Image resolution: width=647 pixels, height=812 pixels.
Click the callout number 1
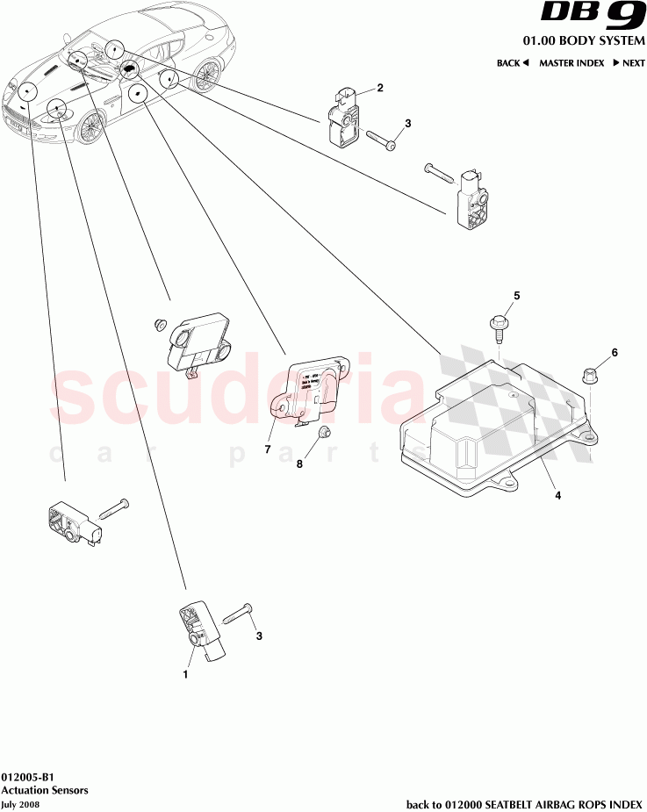pos(185,675)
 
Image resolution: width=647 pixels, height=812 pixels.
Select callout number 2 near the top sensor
pos(380,88)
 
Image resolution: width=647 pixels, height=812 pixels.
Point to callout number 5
pos(517,296)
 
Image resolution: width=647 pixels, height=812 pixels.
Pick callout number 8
pos(298,464)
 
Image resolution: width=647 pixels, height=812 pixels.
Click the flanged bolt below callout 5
pos(496,328)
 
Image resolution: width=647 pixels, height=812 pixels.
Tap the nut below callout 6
pos(589,377)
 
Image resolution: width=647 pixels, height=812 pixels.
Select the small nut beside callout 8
pos(324,431)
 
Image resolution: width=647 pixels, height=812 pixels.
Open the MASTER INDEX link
pos(572,63)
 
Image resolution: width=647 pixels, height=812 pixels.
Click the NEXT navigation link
pos(629,63)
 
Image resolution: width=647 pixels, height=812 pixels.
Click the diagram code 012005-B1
pos(27,777)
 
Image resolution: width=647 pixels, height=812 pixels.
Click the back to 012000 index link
pos(523,803)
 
